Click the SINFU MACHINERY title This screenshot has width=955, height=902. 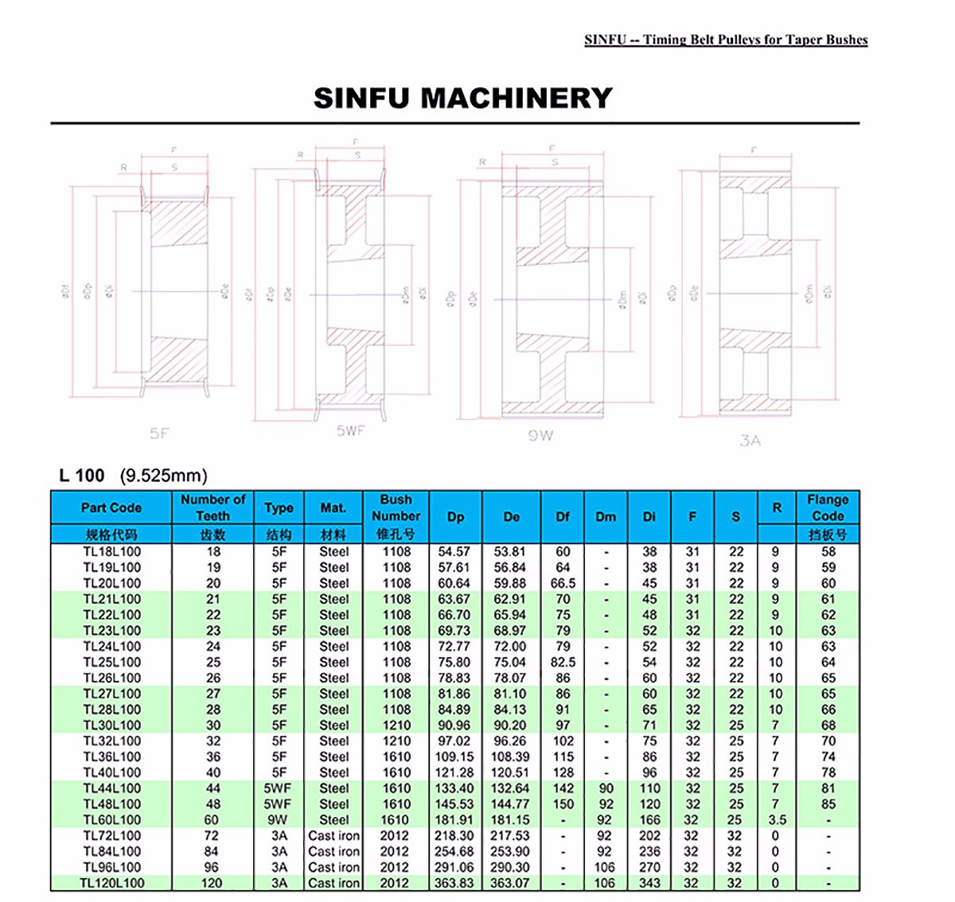(x=463, y=98)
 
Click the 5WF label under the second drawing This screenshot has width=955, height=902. (x=350, y=430)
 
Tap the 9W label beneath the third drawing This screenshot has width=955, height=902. (x=540, y=435)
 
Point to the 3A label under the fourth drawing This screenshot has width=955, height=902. (x=750, y=440)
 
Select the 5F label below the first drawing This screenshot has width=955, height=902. (x=160, y=434)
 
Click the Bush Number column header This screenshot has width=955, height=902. (x=396, y=507)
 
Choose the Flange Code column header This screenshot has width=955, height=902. (x=828, y=507)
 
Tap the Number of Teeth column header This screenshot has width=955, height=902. (x=212, y=507)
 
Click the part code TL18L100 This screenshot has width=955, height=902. (x=111, y=551)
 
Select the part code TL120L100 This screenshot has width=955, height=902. (x=111, y=883)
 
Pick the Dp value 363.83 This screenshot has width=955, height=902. (x=454, y=883)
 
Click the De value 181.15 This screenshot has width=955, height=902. (x=511, y=820)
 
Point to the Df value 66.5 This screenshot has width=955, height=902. (x=563, y=583)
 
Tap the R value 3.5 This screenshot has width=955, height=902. (x=777, y=820)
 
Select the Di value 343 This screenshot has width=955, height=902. (x=649, y=883)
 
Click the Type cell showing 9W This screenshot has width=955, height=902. (x=279, y=820)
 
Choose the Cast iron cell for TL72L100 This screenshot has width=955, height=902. (x=333, y=836)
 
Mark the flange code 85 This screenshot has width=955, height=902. (x=828, y=804)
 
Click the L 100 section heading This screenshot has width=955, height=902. (x=82, y=476)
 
